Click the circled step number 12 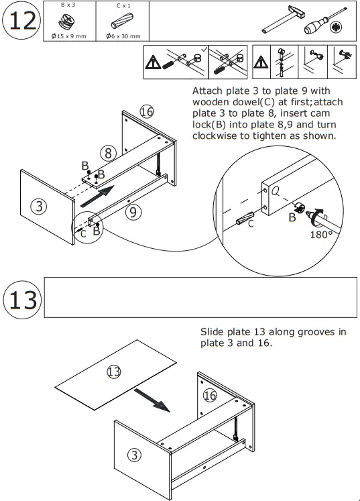[21, 20]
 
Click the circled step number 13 [22, 300]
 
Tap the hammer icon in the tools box [283, 19]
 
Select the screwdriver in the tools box [324, 23]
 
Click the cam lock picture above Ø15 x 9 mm [67, 21]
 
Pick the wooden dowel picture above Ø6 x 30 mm [122, 21]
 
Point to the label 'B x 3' [68, 5]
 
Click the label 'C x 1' [123, 5]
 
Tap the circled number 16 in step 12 [147, 112]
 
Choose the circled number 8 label [109, 153]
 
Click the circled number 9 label [133, 212]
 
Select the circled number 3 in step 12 [39, 207]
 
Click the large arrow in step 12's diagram [97, 197]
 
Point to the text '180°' [321, 235]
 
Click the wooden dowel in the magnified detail [245, 218]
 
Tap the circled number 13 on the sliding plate [114, 372]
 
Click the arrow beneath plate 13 [152, 400]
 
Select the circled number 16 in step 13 [210, 396]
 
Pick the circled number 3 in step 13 [134, 455]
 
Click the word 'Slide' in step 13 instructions [212, 332]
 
